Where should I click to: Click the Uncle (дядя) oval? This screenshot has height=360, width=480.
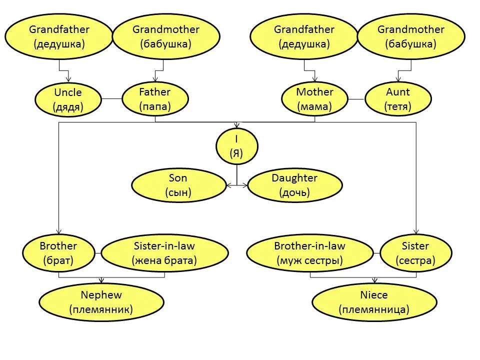68,99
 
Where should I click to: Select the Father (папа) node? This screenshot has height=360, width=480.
155,99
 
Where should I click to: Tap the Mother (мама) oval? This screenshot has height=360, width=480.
314,99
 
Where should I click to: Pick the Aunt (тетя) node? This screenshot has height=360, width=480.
398,99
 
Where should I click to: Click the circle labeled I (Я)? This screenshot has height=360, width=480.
236,146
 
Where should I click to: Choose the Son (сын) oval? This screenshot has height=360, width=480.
179,185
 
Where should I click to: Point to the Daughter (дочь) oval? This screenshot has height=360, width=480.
295,185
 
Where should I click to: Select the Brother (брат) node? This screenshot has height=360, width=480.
58,253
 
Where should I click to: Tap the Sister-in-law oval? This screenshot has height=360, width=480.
164,253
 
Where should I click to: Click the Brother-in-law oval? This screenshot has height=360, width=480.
310,253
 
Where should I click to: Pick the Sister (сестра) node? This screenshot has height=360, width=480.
415,253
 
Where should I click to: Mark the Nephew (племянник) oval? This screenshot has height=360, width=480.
101,302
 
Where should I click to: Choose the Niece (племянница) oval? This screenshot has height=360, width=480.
374,302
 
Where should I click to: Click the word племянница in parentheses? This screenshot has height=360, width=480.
374,309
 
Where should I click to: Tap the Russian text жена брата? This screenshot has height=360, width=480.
164,260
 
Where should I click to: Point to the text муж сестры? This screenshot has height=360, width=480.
310,260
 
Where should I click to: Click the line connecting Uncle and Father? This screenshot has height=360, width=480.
111,99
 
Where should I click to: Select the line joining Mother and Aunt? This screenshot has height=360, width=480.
356,99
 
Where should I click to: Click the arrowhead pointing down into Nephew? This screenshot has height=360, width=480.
101,280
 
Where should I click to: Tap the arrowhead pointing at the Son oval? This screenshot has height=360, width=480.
228,185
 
